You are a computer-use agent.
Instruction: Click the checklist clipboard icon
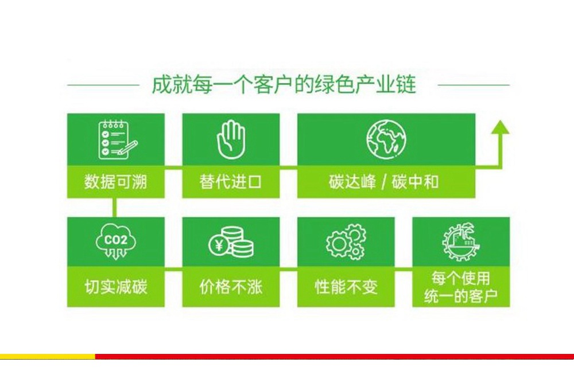[x=117, y=140]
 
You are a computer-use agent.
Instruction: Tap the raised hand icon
[x=231, y=140]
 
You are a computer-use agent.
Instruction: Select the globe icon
[x=386, y=139]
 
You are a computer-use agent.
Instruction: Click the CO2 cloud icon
[x=116, y=242]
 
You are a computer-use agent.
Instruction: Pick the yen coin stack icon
[x=231, y=243]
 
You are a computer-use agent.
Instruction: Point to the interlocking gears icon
[x=346, y=242]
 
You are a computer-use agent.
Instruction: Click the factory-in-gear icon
[x=461, y=242]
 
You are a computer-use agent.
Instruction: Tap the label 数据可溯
[x=116, y=182]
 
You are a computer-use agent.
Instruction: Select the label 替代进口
[x=231, y=182]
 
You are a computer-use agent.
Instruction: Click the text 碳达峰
[x=352, y=182]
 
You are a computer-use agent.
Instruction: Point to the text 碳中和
[x=415, y=182]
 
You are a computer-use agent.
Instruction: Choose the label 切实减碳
[x=116, y=287]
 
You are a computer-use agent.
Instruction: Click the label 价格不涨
[x=231, y=287]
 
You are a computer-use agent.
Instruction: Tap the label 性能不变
[x=346, y=287]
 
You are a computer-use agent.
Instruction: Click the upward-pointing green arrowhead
[x=501, y=127]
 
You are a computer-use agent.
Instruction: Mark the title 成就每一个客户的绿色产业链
[x=284, y=85]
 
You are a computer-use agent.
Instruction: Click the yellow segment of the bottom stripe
[x=48, y=356]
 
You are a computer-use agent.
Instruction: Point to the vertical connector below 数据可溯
[x=115, y=208]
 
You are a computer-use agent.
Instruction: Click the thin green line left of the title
[x=103, y=85]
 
